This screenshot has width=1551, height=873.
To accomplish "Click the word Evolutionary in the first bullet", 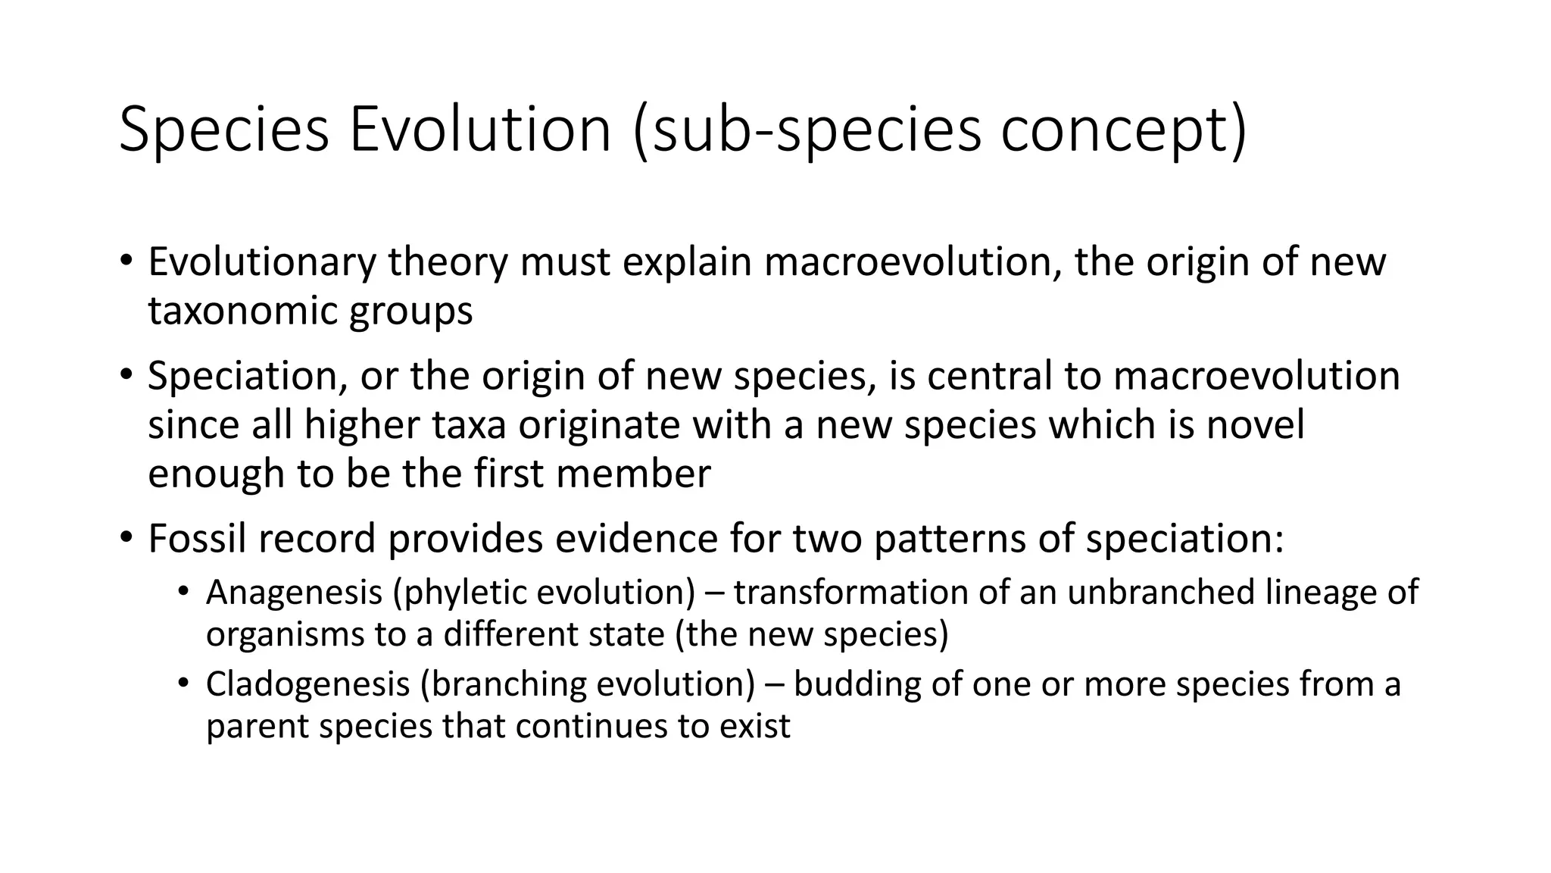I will click(x=261, y=262).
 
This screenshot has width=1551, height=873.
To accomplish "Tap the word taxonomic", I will click(x=242, y=311).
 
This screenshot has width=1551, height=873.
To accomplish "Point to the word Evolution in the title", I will click(x=480, y=129).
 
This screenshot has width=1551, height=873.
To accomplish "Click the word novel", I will click(x=1256, y=424).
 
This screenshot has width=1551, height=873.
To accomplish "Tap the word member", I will click(x=633, y=474).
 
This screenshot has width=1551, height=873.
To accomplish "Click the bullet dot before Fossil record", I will click(x=126, y=537).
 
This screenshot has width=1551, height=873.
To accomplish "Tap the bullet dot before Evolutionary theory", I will click(x=126, y=261).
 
